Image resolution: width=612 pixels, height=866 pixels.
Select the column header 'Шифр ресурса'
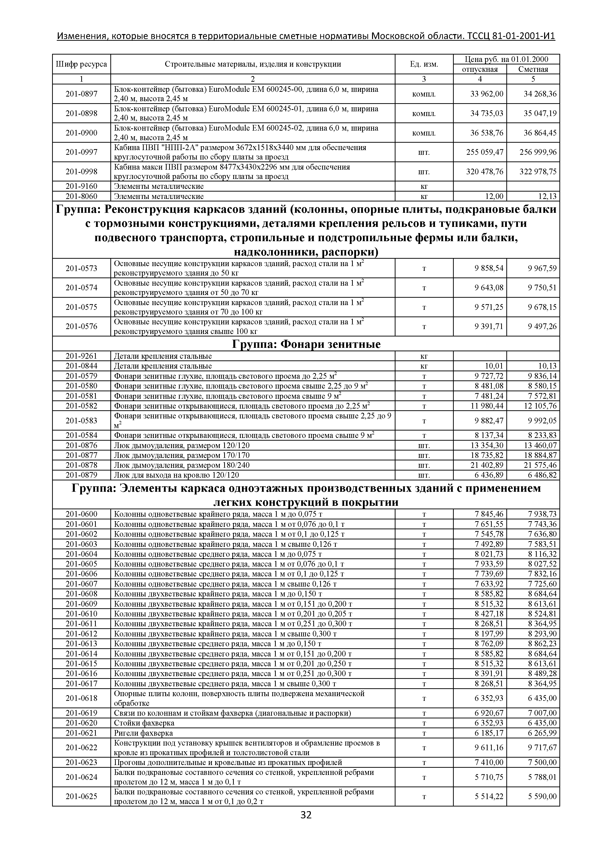coord(81,64)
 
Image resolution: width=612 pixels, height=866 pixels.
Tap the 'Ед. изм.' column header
coord(424,64)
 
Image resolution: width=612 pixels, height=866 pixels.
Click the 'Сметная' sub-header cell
coord(533,69)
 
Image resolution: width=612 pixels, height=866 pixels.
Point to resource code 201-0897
coord(81,94)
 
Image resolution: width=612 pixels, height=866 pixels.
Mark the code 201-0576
coord(81,327)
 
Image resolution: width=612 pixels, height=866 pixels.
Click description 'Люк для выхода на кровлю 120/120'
coord(177,475)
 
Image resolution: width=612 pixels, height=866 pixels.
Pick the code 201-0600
coord(81,514)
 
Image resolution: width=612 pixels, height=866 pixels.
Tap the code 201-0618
coord(81,698)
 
